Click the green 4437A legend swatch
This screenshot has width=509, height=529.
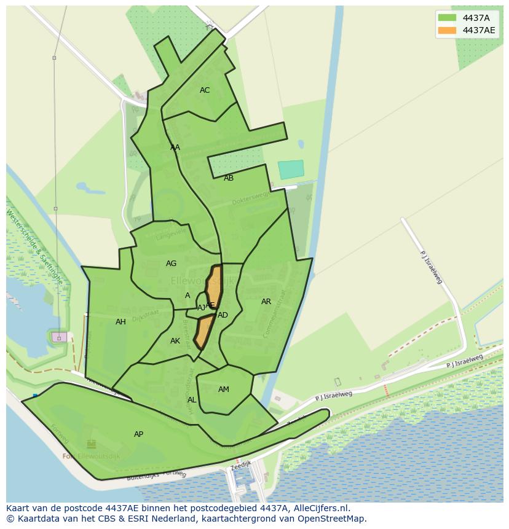tap(447, 18)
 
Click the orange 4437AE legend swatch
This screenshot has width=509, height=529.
tap(447, 30)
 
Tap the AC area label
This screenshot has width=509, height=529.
tap(205, 90)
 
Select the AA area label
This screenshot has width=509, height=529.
tap(175, 147)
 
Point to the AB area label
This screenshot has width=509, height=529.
tap(229, 178)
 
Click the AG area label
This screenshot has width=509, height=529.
tap(171, 264)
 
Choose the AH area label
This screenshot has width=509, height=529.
tap(120, 322)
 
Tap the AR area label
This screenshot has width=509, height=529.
tap(266, 302)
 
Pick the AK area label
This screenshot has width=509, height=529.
tap(175, 341)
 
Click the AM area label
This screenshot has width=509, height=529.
tap(224, 390)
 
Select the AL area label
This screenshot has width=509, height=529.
tap(192, 400)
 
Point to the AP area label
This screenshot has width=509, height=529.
tap(138, 434)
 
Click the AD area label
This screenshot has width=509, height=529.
tap(223, 315)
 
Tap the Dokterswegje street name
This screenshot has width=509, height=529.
tap(250, 198)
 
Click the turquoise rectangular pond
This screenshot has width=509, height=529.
tap(291, 170)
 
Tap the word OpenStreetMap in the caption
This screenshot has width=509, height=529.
tap(331, 519)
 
